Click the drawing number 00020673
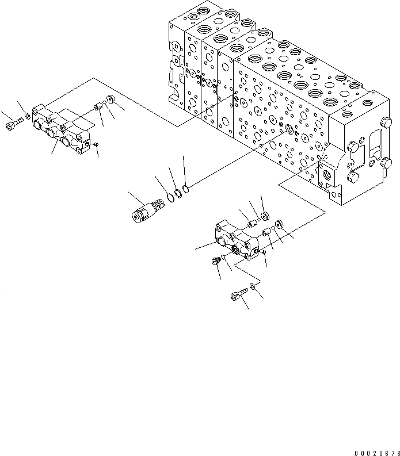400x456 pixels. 371,451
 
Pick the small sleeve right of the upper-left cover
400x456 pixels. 97,106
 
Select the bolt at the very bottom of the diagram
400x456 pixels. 237,296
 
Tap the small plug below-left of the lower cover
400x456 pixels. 215,262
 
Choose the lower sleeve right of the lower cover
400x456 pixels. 266,232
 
